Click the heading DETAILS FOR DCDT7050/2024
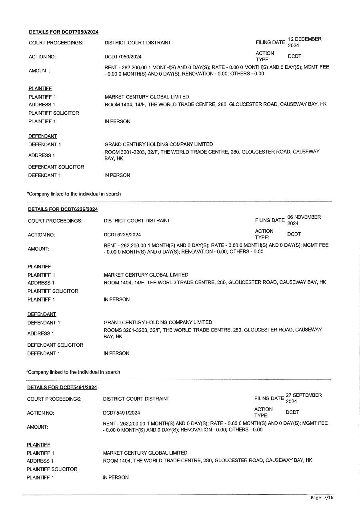(64, 32)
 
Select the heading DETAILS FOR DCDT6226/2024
(63, 209)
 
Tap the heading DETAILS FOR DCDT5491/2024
(62, 387)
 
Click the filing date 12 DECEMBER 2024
(304, 42)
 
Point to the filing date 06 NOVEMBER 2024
(304, 220)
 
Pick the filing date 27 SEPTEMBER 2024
(303, 398)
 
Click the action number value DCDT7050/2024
(123, 57)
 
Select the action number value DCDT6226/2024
(122, 235)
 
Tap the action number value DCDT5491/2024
(121, 413)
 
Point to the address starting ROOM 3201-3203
(212, 155)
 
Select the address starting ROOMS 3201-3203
(212, 333)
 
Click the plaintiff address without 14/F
(207, 460)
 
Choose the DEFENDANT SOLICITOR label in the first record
(56, 167)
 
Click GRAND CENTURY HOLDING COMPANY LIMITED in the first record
(158, 144)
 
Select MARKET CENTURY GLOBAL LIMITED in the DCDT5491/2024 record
(145, 453)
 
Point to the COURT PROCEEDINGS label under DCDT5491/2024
(54, 399)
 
